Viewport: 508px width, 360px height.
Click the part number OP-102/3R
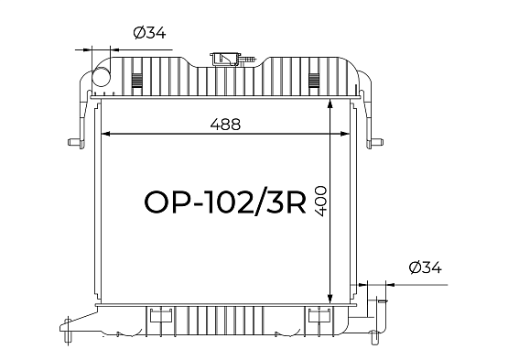pyautogui.click(x=225, y=202)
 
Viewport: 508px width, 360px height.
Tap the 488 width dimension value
pyautogui.click(x=225, y=125)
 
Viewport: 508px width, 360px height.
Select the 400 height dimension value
pyautogui.click(x=320, y=201)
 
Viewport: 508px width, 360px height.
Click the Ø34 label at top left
pyautogui.click(x=150, y=33)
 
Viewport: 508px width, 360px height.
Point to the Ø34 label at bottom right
pyautogui.click(x=425, y=267)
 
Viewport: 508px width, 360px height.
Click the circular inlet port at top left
pyautogui.click(x=101, y=77)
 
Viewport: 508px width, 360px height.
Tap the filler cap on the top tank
pyautogui.click(x=225, y=60)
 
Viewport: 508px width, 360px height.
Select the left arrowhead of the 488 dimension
pyautogui.click(x=106, y=134)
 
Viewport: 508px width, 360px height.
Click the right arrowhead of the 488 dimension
pyautogui.click(x=345, y=134)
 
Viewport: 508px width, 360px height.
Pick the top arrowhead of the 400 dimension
pyautogui.click(x=330, y=104)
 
